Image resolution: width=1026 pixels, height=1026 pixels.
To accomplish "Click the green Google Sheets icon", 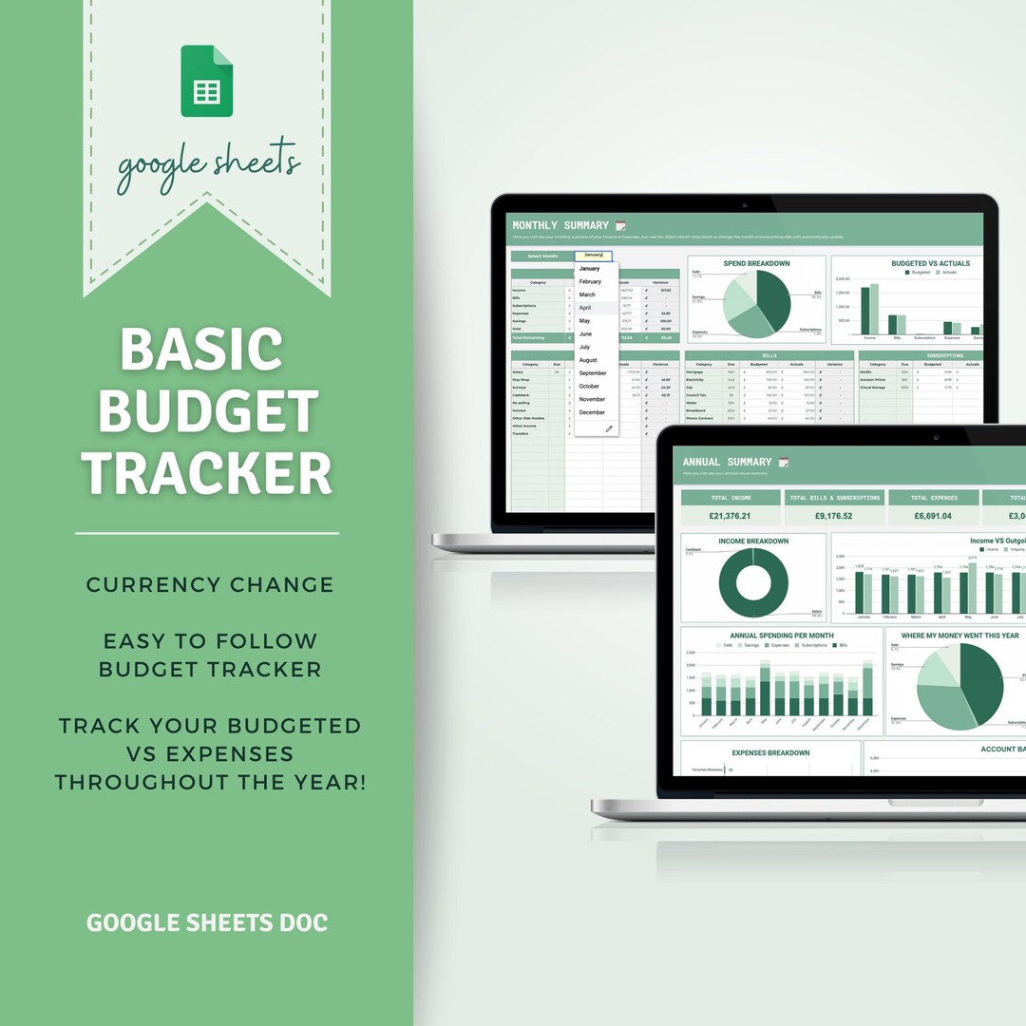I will point(207,82).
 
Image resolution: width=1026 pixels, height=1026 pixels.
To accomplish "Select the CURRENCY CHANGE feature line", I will point(210,584).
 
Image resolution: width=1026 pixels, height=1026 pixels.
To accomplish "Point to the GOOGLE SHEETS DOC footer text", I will point(207,922).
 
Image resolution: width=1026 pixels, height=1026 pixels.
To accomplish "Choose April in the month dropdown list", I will point(585,308).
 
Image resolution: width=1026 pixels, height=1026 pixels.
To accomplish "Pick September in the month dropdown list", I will point(593,373).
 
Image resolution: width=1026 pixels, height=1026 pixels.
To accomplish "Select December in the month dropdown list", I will point(592,412).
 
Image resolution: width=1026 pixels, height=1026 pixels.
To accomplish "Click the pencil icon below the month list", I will point(609,428).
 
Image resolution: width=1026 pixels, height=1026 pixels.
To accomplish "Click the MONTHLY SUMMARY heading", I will point(560,225).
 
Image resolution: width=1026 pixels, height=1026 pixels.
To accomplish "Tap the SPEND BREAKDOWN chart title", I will point(756,263).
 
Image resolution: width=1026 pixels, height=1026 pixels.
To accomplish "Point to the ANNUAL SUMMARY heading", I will point(727,462).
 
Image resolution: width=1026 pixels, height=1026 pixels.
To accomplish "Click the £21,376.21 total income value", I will point(730,516).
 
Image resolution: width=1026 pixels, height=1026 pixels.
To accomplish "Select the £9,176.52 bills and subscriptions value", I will point(833,516).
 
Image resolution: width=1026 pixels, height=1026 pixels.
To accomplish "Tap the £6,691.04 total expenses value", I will point(932,516).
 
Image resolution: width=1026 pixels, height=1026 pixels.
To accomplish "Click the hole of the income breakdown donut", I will point(753,583).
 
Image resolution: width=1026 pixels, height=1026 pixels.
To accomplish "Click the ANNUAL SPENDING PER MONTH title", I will point(782,636).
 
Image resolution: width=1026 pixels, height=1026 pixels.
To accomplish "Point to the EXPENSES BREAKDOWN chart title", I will point(770,752).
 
